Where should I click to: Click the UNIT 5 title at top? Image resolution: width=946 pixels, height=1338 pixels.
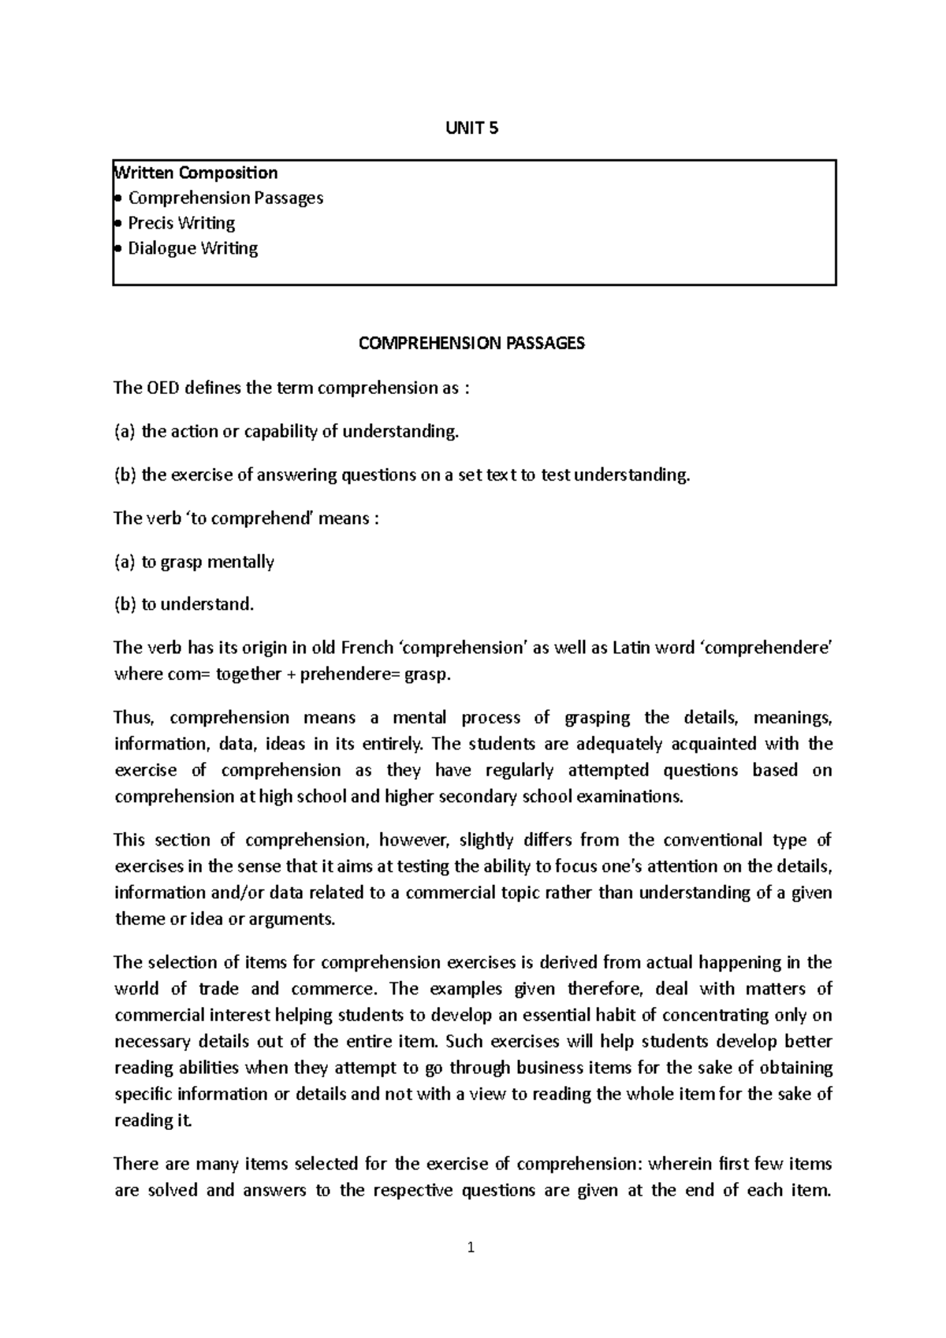pyautogui.click(x=472, y=128)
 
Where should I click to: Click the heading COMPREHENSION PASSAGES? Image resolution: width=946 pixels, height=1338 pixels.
pyautogui.click(x=471, y=344)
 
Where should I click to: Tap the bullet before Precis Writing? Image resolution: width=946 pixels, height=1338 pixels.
pyautogui.click(x=118, y=223)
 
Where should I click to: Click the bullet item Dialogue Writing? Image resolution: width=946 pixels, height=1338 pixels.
pyautogui.click(x=193, y=248)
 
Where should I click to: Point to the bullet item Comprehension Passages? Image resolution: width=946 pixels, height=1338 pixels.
pyautogui.click(x=225, y=198)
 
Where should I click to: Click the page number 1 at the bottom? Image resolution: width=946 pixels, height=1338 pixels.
pyautogui.click(x=471, y=1247)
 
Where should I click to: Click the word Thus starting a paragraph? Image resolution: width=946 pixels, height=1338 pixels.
pyautogui.click(x=130, y=718)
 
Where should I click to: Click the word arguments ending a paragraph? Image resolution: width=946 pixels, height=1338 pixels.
pyautogui.click(x=298, y=919)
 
